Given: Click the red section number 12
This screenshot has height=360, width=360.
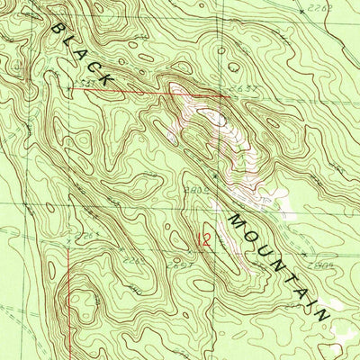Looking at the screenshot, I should pos(204,240).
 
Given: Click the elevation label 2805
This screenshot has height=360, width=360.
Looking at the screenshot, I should pos(198,190).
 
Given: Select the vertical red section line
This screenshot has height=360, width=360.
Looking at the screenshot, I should pos(70,297).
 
